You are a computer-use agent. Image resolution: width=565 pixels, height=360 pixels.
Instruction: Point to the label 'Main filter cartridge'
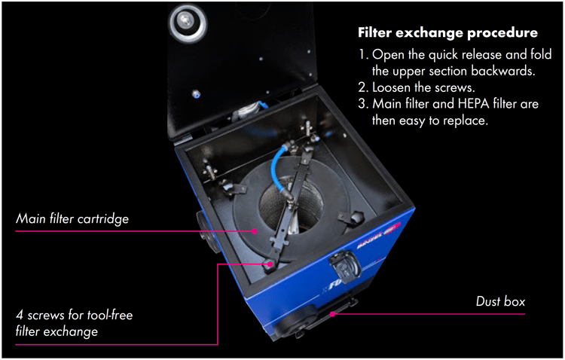73,219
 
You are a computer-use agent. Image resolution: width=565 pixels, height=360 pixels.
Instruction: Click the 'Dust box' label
500,302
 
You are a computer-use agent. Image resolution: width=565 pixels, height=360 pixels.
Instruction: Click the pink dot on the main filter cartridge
255,230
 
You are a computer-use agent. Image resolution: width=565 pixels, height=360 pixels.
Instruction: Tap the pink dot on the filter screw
269,264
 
